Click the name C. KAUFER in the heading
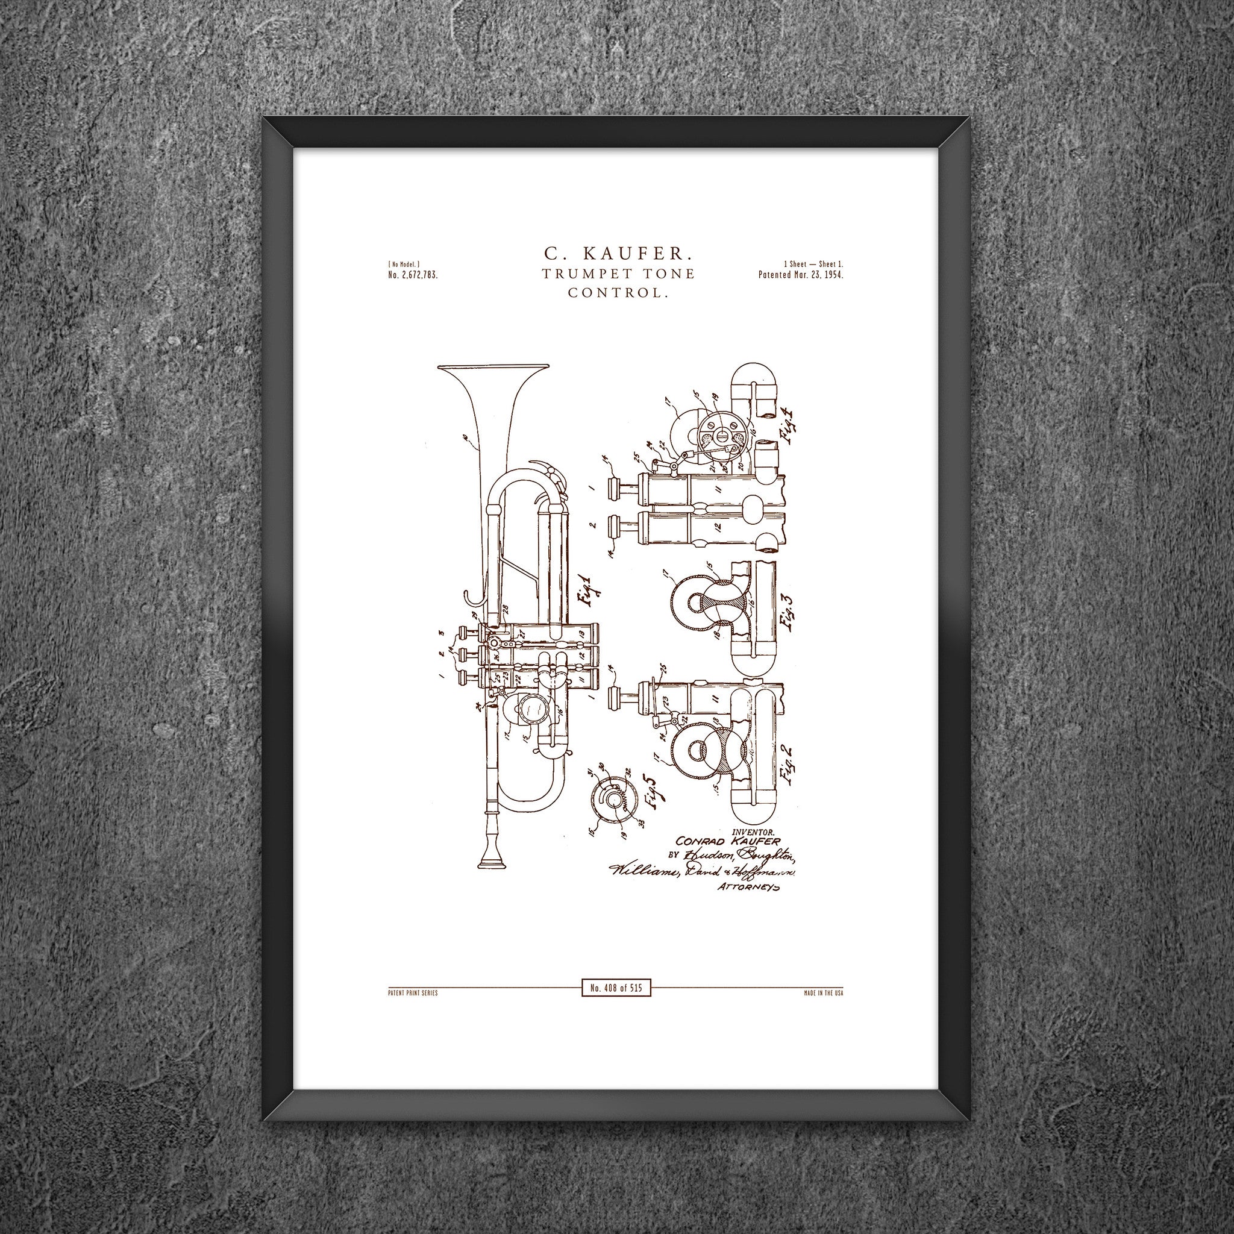[617, 254]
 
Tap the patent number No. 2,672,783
[412, 275]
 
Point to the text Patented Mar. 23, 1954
[801, 275]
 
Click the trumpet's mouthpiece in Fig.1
[492, 856]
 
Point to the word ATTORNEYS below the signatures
[749, 886]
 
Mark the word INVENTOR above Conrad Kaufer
[754, 832]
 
